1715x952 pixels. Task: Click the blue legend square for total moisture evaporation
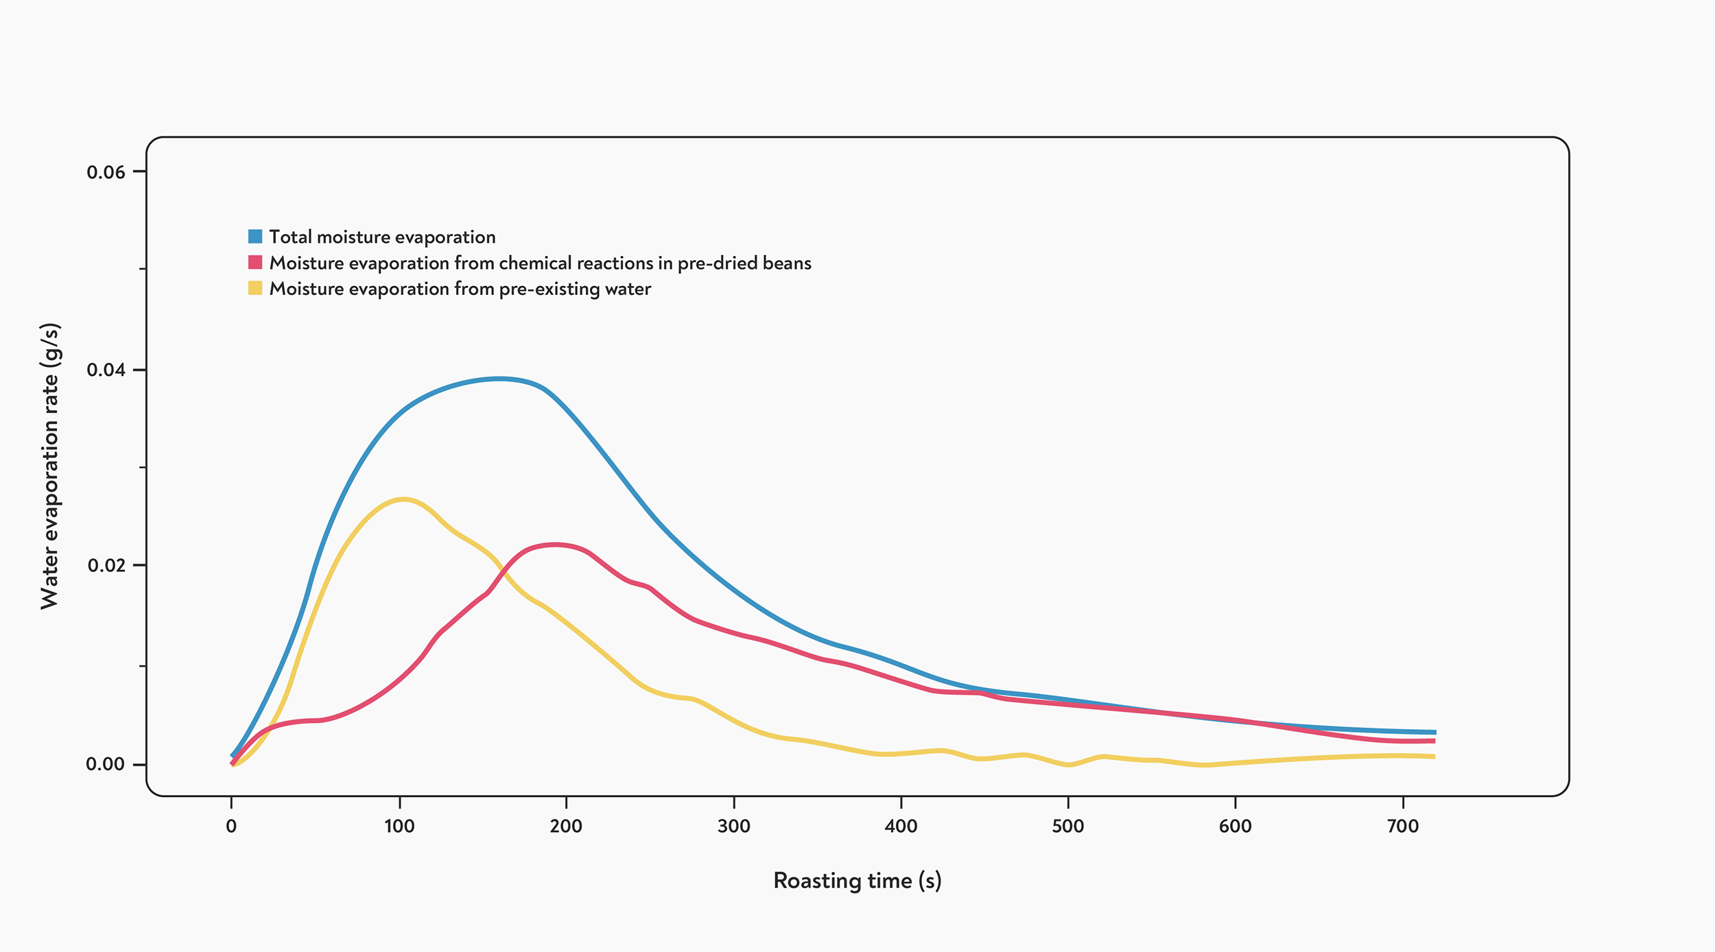click(255, 237)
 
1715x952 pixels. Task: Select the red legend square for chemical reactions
click(255, 263)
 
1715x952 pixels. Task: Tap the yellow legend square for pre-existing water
click(255, 288)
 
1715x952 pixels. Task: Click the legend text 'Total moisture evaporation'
click(382, 237)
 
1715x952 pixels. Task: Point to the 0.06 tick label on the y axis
click(106, 172)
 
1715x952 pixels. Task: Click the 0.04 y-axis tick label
click(106, 370)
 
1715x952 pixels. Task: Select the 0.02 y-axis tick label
click(106, 566)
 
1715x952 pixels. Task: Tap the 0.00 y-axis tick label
click(106, 764)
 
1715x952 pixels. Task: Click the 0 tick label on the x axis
click(231, 826)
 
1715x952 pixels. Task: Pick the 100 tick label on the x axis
click(399, 826)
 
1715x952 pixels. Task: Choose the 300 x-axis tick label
click(734, 826)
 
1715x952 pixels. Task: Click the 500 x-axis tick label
click(1068, 826)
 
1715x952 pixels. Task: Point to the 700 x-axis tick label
click(1403, 826)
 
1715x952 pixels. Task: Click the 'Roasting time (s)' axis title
click(858, 881)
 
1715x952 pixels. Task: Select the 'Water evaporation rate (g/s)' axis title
click(50, 466)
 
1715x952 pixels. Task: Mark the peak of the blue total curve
click(500, 379)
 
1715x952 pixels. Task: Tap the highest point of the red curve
click(554, 545)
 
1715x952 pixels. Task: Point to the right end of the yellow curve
click(1434, 757)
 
